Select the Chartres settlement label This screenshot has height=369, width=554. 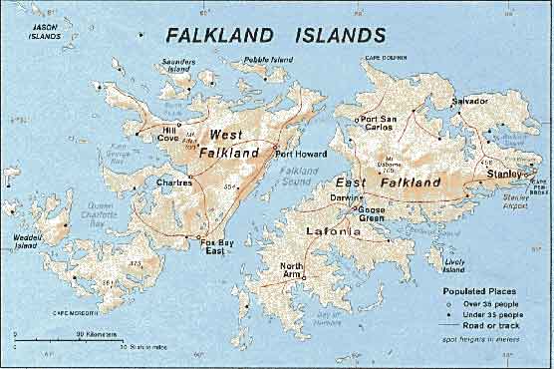point(174,183)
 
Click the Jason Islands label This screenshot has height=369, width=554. point(45,32)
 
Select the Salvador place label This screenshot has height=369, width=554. point(469,102)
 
